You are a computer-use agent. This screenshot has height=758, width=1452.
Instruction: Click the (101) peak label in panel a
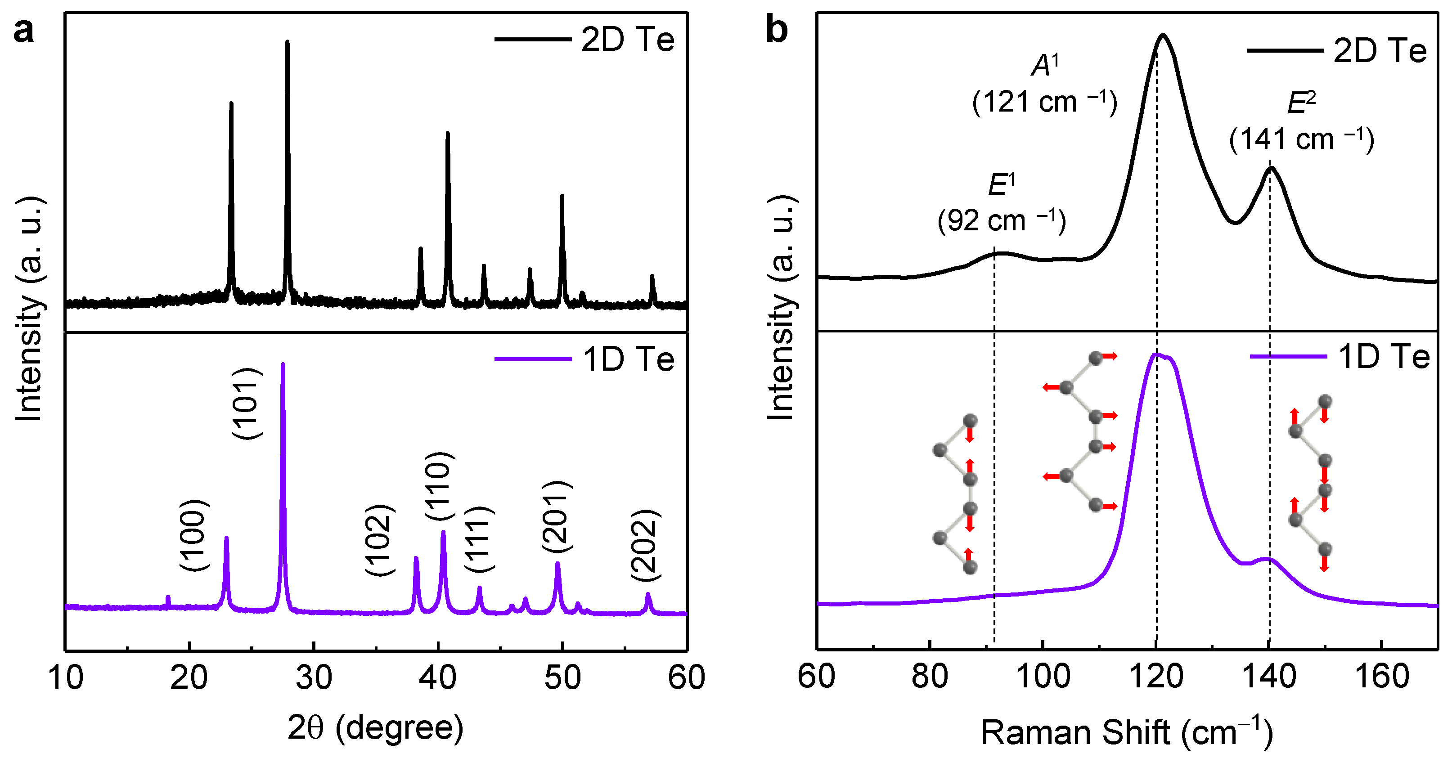click(247, 404)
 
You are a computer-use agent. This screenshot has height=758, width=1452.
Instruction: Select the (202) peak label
click(645, 545)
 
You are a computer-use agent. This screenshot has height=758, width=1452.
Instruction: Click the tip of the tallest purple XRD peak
click(283, 365)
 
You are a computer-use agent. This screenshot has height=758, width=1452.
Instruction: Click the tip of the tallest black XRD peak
click(288, 42)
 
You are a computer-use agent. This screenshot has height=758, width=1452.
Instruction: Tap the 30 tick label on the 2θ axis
click(314, 677)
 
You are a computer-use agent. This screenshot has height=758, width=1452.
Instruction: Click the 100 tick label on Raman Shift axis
click(1043, 676)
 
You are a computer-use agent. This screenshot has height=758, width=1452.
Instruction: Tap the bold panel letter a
click(24, 31)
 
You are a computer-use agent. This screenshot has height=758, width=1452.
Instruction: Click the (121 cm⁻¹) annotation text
click(1044, 102)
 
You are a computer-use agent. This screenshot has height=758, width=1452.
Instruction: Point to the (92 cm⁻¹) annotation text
click(1002, 220)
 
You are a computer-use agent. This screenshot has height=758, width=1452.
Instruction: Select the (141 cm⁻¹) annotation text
click(1302, 139)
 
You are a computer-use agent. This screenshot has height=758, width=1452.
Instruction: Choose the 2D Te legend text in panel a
click(627, 40)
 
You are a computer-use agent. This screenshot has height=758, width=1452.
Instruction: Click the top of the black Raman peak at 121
click(1162, 35)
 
